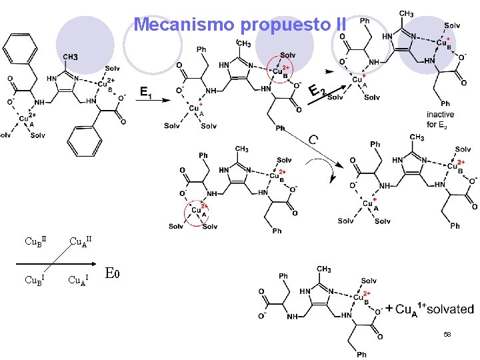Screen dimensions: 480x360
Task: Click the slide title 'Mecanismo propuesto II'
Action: [240, 25]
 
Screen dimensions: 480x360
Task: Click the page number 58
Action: [447, 333]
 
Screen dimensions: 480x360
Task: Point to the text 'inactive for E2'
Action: [440, 119]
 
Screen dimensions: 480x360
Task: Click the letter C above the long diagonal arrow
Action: [313, 140]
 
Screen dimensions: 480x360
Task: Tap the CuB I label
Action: [34, 279]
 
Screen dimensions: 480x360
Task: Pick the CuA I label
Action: [78, 279]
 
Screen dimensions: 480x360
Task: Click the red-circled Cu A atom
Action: [197, 211]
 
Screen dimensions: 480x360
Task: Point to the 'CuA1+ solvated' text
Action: [433, 309]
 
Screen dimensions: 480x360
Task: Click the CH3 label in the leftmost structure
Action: [70, 57]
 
